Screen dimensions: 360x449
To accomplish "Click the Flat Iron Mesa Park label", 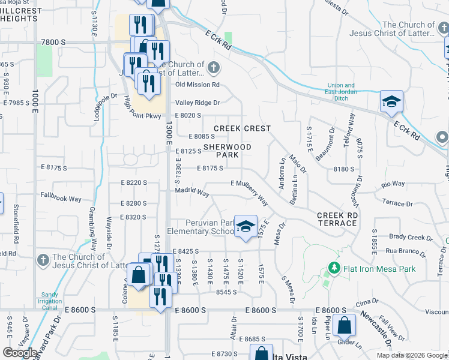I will click(379, 268).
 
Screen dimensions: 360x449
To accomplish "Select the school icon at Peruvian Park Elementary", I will click(246, 226).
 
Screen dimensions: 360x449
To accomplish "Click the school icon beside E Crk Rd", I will click(391, 102).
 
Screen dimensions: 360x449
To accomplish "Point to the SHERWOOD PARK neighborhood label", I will click(228, 151).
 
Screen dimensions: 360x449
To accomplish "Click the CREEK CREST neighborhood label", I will click(243, 128).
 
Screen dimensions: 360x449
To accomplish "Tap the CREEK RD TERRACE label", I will click(337, 219).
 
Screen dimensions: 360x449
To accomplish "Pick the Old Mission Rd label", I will click(197, 85).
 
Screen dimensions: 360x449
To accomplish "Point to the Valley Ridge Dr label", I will click(197, 103).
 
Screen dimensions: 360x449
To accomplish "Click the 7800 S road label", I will click(54, 42).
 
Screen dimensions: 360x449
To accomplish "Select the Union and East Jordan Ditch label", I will click(341, 88).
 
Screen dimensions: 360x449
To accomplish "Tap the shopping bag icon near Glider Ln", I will click(345, 326).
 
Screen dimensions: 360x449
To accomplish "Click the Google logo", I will click(20, 353).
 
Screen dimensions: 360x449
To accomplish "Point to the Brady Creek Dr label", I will click(406, 237).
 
